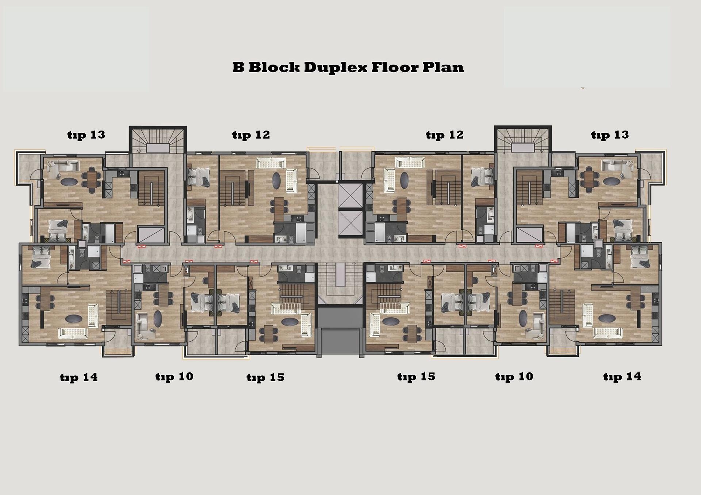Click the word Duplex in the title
[335, 67]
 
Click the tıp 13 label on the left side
[86, 135]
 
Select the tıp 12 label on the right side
[445, 135]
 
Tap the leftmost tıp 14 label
[79, 377]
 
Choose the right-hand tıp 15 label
[416, 376]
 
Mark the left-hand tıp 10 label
[174, 376]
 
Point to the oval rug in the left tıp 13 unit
[69, 181]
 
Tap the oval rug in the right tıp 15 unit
[391, 322]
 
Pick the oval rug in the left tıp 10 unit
[158, 318]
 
